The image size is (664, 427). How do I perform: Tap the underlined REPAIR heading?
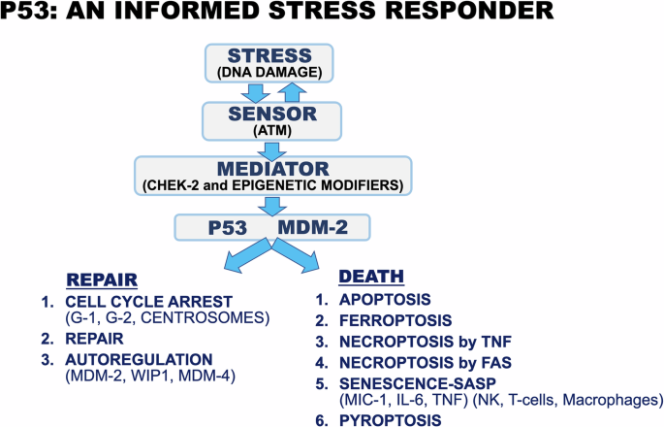[99, 280]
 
